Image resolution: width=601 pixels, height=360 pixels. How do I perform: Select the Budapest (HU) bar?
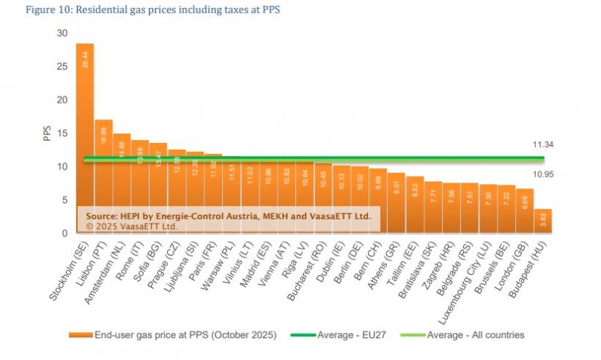[x=543, y=221]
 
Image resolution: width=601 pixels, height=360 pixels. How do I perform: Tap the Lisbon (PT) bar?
[x=103, y=176]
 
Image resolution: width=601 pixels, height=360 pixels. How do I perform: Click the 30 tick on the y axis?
[x=62, y=34]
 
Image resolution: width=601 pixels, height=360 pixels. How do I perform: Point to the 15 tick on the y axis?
[x=62, y=133]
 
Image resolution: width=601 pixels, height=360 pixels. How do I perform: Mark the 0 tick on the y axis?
[x=64, y=233]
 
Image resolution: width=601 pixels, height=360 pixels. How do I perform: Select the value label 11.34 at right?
[x=543, y=145]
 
